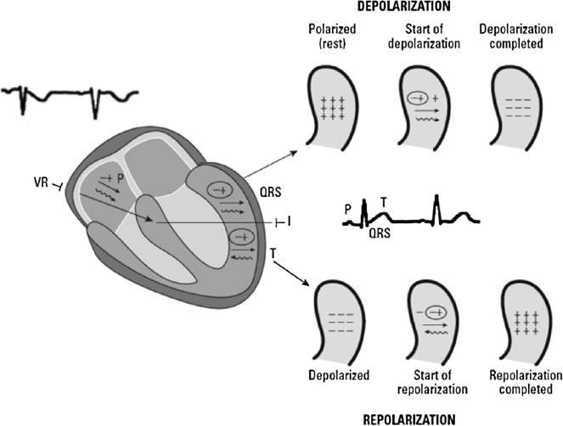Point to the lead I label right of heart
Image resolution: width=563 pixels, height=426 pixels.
point(289,221)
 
